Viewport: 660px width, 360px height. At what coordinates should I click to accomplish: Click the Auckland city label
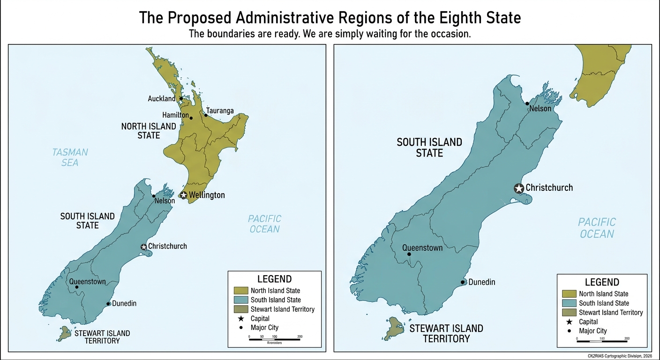[161, 98]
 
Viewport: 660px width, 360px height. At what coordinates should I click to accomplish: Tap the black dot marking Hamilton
[191, 118]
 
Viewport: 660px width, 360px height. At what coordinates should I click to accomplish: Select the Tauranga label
[220, 111]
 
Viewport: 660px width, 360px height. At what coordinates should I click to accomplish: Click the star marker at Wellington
[184, 195]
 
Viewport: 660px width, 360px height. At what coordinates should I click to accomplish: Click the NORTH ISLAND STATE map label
[149, 131]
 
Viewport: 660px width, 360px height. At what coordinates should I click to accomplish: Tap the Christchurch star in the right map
[519, 188]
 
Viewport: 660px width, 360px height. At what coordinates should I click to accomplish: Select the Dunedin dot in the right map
[463, 282]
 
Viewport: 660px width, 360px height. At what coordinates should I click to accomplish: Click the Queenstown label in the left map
[88, 282]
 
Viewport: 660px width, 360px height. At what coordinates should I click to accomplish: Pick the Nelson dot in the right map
[527, 104]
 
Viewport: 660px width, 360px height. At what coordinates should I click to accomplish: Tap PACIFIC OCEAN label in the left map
[264, 224]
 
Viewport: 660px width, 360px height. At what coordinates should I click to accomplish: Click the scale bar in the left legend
[274, 338]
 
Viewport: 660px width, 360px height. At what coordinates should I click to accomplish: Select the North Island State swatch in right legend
[569, 293]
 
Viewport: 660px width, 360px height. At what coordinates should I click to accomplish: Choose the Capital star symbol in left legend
[240, 318]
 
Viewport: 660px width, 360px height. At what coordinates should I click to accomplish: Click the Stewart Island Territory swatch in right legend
[569, 312]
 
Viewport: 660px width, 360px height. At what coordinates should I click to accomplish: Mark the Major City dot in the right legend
[569, 331]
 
